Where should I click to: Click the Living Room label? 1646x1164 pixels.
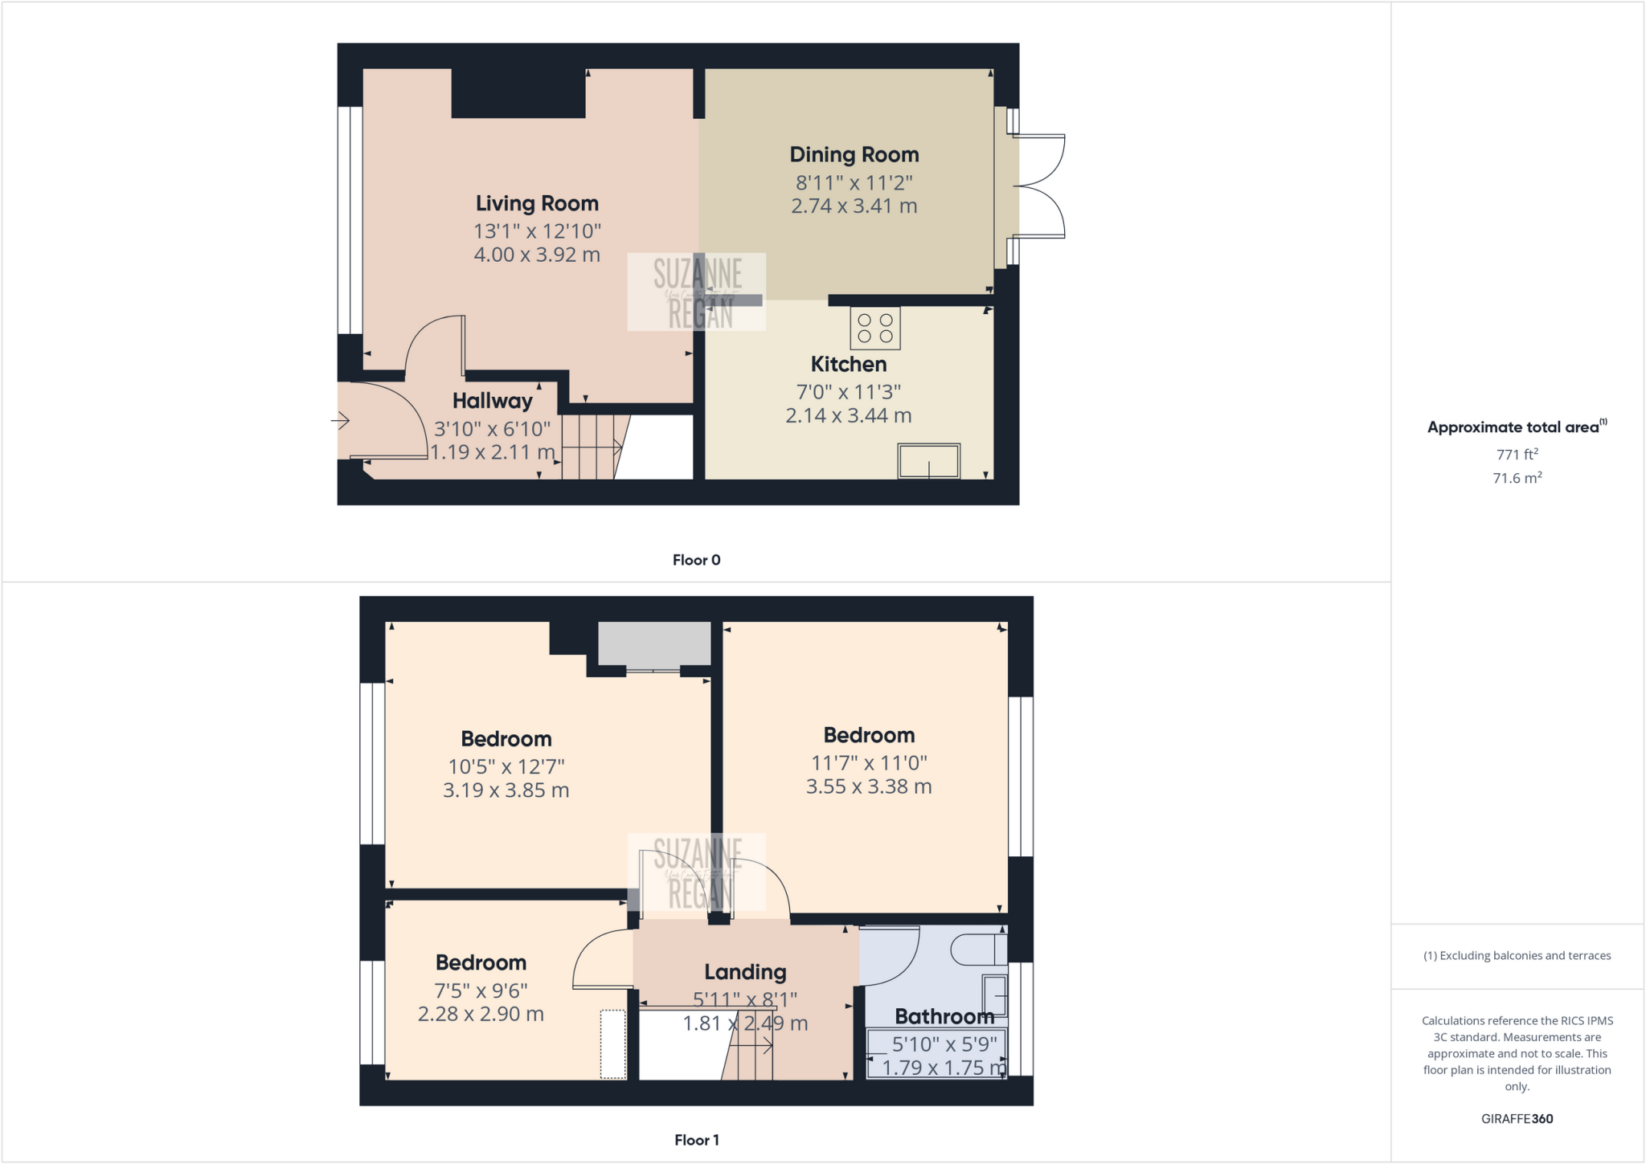(x=537, y=203)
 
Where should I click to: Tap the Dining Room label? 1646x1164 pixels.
(x=854, y=154)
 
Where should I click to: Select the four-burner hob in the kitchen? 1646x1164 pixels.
(x=875, y=328)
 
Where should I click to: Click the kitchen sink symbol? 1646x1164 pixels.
(x=929, y=461)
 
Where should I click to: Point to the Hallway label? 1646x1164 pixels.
(x=492, y=401)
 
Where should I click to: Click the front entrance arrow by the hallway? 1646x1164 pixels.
(x=341, y=420)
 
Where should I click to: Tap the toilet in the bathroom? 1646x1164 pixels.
(x=977, y=950)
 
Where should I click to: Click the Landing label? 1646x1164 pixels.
(x=745, y=972)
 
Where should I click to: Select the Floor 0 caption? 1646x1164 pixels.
(x=696, y=560)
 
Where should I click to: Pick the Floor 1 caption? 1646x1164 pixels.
(x=696, y=1140)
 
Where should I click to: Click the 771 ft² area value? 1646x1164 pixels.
(x=1517, y=454)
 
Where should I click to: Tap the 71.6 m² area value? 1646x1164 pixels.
(x=1517, y=478)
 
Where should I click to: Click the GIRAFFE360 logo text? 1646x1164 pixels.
(x=1517, y=1118)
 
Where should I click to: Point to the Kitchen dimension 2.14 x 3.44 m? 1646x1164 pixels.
(x=848, y=415)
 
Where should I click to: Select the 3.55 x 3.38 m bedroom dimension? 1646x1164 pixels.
(x=869, y=786)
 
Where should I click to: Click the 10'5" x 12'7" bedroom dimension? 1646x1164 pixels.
(x=506, y=766)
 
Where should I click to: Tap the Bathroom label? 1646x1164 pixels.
(x=944, y=1016)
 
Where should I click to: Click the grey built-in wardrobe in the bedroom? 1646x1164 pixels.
(x=654, y=643)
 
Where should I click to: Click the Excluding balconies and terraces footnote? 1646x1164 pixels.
(x=1517, y=955)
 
